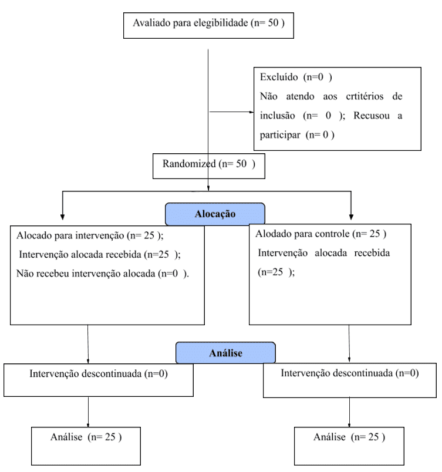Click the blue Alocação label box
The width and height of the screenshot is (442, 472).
215,214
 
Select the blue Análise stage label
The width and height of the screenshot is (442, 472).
225,352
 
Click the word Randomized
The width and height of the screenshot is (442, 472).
189,164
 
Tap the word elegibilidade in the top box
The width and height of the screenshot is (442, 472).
221,23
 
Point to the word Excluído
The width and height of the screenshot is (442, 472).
279,77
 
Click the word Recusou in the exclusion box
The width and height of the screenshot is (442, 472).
372,116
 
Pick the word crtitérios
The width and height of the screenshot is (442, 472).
365,96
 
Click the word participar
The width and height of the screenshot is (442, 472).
280,135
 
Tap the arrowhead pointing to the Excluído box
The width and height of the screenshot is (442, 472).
252,112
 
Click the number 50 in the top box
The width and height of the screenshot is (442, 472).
273,23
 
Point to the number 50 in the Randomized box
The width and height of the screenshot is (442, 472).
241,164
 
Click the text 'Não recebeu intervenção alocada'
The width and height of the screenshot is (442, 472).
86,274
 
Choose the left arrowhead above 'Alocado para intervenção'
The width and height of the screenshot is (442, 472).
62,217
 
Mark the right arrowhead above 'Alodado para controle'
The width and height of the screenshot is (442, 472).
351,217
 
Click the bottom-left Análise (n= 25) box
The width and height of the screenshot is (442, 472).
86,446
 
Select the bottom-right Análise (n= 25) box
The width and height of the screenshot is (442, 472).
349,446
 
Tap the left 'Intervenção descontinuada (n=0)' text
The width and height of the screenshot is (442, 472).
99,374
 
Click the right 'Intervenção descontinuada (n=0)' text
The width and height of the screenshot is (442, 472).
350,373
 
